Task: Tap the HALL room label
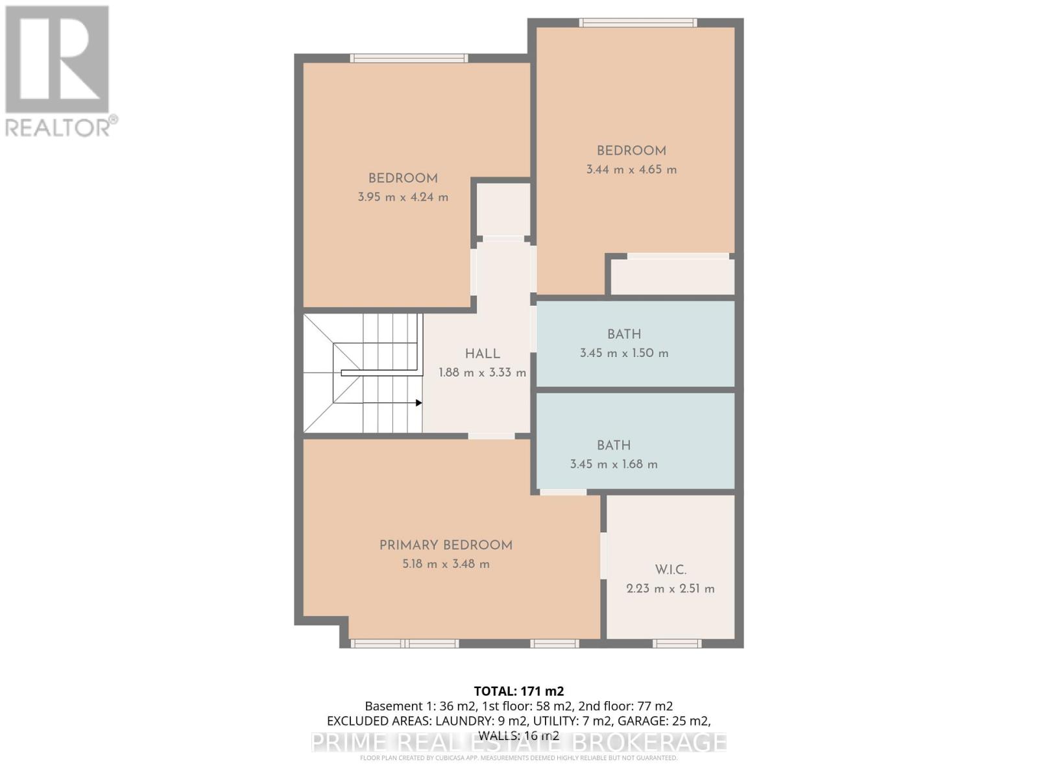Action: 482,354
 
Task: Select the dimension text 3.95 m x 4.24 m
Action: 403,197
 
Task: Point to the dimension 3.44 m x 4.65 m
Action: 631,169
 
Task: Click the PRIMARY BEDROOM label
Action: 446,545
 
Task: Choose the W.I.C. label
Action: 670,570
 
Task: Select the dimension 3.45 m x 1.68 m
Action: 614,464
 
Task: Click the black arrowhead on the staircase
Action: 419,403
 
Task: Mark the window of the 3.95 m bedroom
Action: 409,58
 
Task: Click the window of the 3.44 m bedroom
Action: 638,23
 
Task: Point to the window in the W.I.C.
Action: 677,643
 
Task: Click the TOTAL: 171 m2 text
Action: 519,691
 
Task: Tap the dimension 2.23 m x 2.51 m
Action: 670,589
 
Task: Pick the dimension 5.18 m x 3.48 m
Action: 446,564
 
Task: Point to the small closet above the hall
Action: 503,209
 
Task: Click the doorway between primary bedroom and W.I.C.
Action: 603,556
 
